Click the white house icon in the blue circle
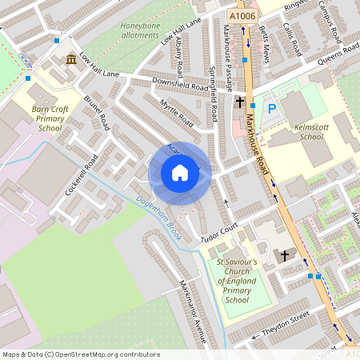click(180, 172)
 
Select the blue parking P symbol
click(272, 108)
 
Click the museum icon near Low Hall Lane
click(72, 59)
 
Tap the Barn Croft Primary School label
click(50, 118)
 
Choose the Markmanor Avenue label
click(193, 312)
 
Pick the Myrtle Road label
click(177, 114)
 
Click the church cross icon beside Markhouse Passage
click(239, 102)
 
